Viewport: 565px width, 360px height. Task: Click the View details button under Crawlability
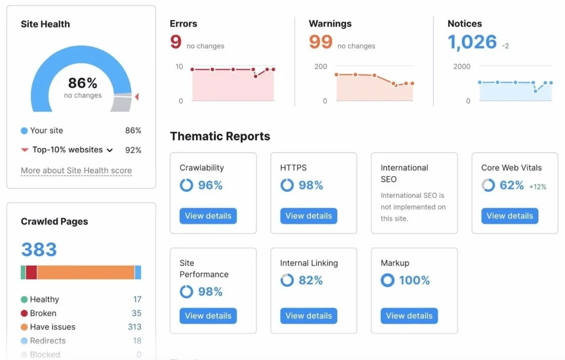click(208, 216)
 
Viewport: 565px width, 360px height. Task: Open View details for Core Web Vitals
click(509, 216)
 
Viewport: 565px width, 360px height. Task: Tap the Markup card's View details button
click(409, 316)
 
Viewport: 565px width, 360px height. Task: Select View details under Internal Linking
click(308, 316)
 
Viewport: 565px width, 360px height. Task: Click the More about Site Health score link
click(76, 171)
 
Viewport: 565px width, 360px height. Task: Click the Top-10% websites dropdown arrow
click(110, 150)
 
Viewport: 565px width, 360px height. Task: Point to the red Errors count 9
click(176, 42)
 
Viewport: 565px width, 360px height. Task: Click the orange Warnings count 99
click(321, 42)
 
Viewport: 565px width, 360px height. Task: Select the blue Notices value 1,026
click(472, 42)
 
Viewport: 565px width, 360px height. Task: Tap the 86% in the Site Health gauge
click(83, 83)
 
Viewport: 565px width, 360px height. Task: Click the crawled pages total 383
click(39, 250)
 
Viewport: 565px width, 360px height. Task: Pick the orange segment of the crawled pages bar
click(86, 272)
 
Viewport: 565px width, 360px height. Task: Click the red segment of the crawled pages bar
click(31, 272)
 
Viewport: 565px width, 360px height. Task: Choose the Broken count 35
click(136, 313)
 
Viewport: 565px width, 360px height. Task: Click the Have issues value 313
click(135, 327)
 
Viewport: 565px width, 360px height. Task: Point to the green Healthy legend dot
click(24, 299)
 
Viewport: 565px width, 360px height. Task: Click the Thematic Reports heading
click(220, 136)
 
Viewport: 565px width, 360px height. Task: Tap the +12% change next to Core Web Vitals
click(537, 187)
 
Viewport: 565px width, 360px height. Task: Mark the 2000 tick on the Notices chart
click(461, 66)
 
